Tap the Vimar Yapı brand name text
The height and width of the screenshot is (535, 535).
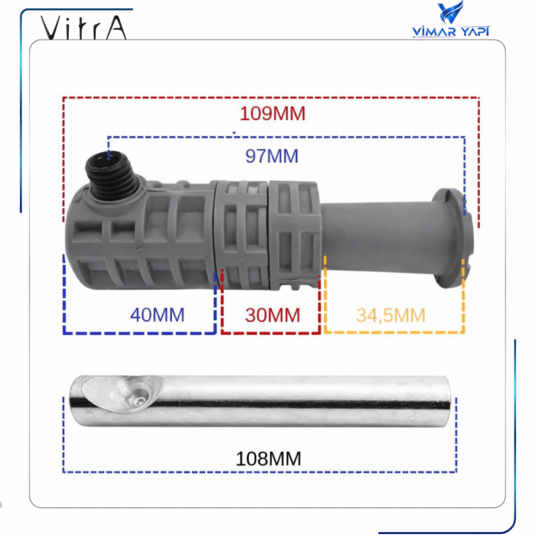[x=450, y=31]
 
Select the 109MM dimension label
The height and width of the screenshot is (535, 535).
[x=272, y=114]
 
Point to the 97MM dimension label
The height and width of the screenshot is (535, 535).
[x=271, y=156]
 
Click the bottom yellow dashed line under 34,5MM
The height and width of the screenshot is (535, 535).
[x=394, y=332]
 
